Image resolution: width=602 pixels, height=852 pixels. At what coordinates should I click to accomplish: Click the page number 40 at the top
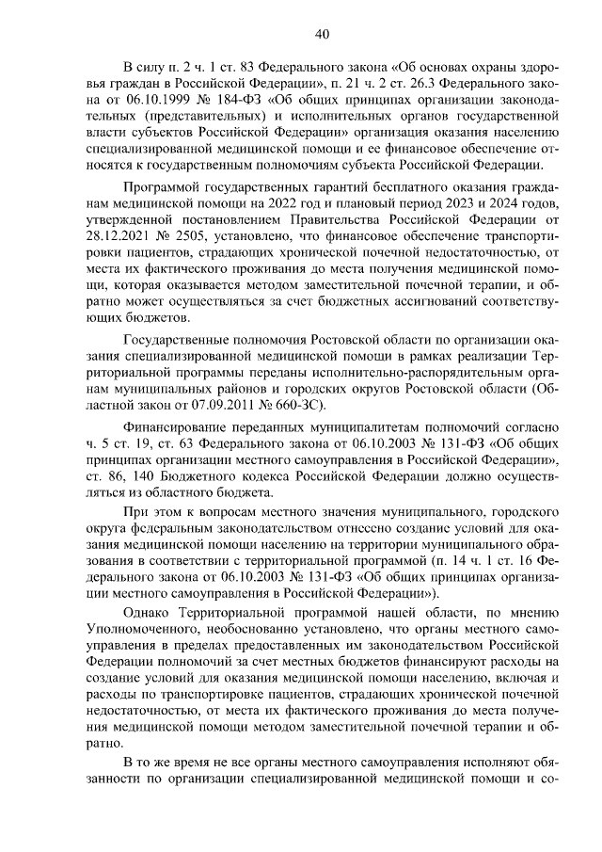point(321,35)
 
